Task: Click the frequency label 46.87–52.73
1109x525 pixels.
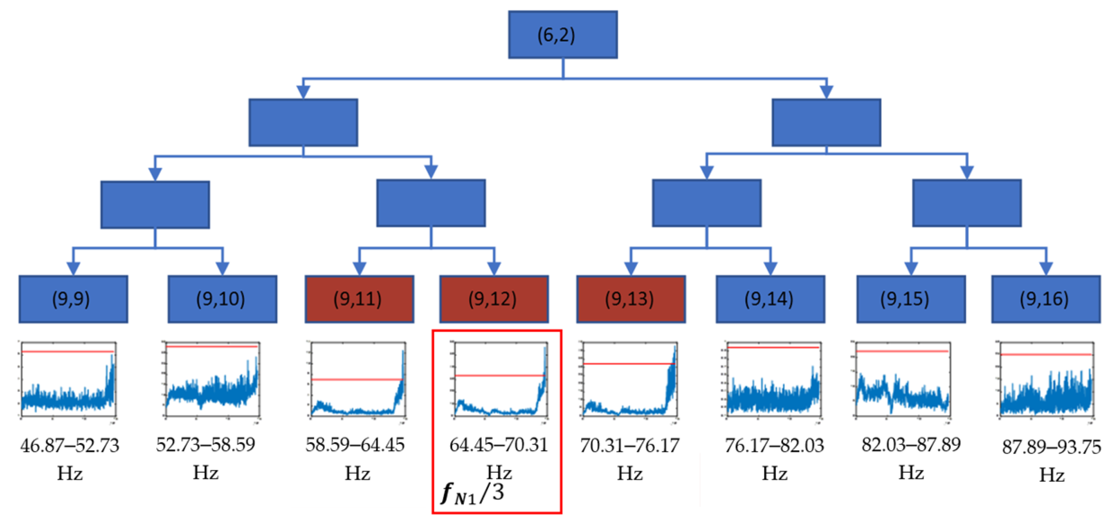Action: tap(70, 445)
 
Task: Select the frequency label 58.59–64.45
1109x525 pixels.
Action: tap(355, 445)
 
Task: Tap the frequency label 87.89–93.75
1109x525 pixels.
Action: tap(1051, 447)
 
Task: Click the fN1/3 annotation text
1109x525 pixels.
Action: tap(472, 494)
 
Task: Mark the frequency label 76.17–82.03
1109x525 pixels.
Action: tap(774, 445)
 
